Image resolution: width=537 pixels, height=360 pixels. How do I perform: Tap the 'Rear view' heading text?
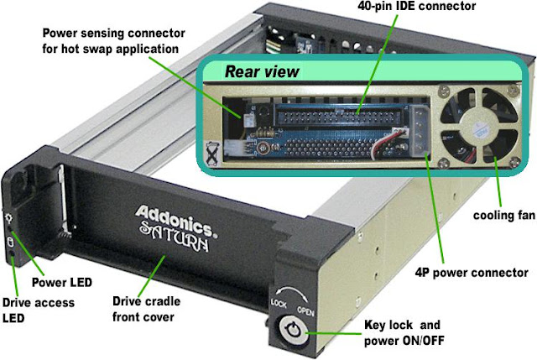point(261,72)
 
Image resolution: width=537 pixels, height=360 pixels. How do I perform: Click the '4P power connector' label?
point(472,273)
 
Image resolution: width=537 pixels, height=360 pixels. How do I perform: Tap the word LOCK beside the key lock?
point(279,300)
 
